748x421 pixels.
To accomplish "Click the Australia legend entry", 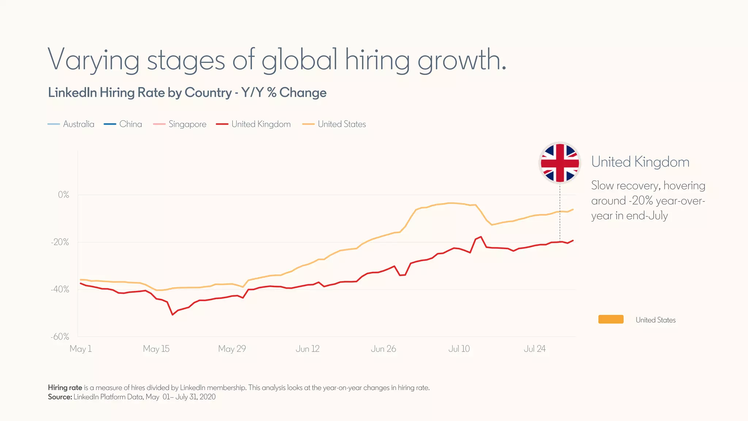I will coord(71,124).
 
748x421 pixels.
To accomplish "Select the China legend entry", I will coord(123,124).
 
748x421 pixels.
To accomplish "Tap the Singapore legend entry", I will coord(180,124).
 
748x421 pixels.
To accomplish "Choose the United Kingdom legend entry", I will coord(253,124).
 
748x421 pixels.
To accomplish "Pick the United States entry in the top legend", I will coord(334,124).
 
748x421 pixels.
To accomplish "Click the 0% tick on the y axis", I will coord(64,195).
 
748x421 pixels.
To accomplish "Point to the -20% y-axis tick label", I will coord(60,242).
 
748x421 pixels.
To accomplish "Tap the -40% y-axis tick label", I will coord(60,289).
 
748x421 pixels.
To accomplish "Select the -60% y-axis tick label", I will coord(60,337).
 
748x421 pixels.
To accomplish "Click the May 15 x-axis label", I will coord(156,349).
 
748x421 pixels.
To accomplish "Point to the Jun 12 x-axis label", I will coord(308,349).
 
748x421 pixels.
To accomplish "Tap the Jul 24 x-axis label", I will coord(535,349).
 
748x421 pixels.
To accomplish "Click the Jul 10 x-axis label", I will coord(459,349).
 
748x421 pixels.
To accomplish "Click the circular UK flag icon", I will coord(560,163).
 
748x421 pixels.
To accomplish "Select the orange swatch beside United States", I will coord(611,319).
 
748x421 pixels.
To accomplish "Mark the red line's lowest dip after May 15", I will coord(172,315).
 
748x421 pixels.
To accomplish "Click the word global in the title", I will coord(299,60).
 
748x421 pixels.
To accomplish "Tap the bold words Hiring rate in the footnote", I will coord(65,388).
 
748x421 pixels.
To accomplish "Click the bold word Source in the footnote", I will coord(60,397).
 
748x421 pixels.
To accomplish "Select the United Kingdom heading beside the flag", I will coord(640,162).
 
